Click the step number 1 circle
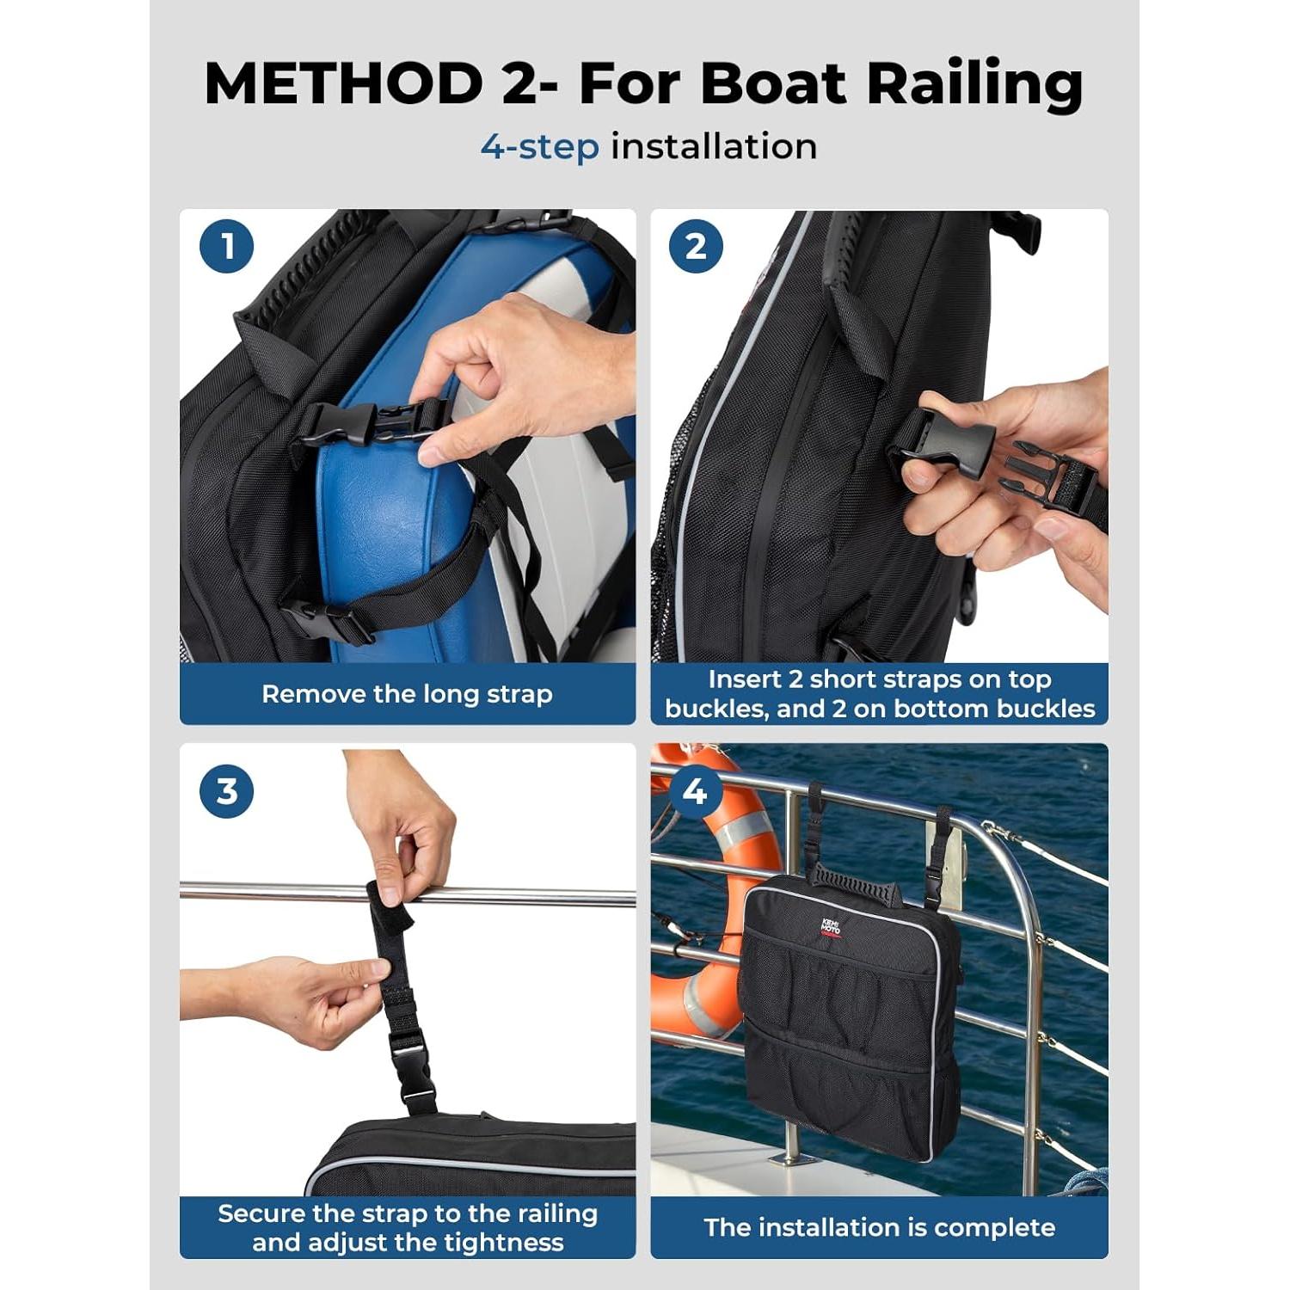click(x=227, y=247)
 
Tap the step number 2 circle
click(x=696, y=247)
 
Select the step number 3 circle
click(x=227, y=791)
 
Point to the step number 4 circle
click(x=696, y=791)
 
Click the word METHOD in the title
click(x=344, y=84)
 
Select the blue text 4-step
click(x=539, y=147)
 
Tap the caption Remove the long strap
click(x=407, y=694)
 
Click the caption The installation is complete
click(x=879, y=1227)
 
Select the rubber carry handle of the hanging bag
click(x=851, y=885)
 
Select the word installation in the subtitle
click(x=714, y=147)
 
